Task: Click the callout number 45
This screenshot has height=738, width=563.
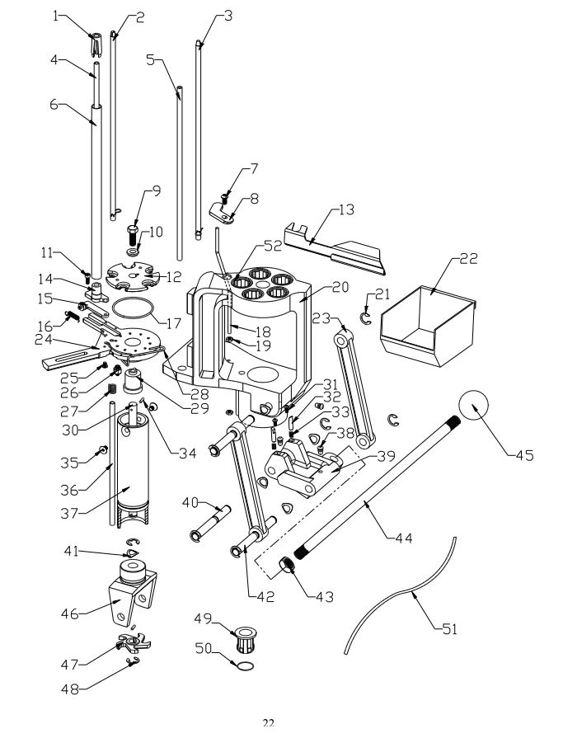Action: tap(524, 455)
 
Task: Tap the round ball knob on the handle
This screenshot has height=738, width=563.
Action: tap(474, 406)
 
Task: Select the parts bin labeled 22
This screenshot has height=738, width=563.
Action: tap(428, 326)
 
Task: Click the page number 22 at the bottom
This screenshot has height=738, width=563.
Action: tap(269, 722)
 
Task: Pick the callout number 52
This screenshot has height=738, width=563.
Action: tap(273, 246)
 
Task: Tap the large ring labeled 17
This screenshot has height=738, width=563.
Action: tap(134, 310)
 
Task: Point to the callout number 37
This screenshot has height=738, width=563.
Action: tap(69, 513)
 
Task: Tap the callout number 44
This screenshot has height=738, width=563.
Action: tap(403, 537)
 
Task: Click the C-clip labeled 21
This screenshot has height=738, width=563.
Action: tap(365, 318)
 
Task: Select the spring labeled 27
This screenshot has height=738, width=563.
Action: tap(112, 390)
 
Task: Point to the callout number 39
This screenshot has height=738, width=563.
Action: tap(386, 456)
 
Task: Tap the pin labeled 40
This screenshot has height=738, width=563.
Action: tap(209, 523)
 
